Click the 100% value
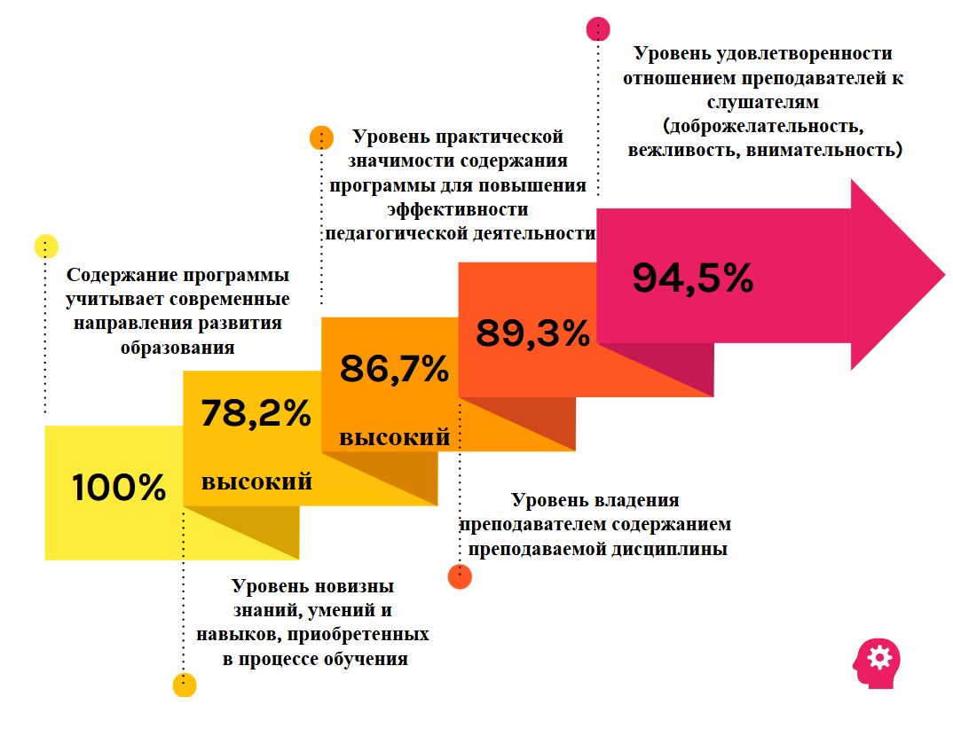tap(119, 488)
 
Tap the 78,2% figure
tap(256, 413)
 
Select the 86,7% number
tap(394, 368)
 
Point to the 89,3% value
tap(532, 333)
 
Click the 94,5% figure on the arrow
tap(692, 278)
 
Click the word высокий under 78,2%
tap(256, 482)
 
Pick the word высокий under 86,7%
tap(394, 437)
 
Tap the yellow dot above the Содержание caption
tap(45, 247)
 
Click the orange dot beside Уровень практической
tap(320, 138)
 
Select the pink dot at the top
tap(599, 28)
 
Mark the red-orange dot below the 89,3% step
tap(460, 576)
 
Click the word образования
tap(177, 348)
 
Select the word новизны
tap(351, 587)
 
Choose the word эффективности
tap(457, 210)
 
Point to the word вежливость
tap(680, 148)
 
